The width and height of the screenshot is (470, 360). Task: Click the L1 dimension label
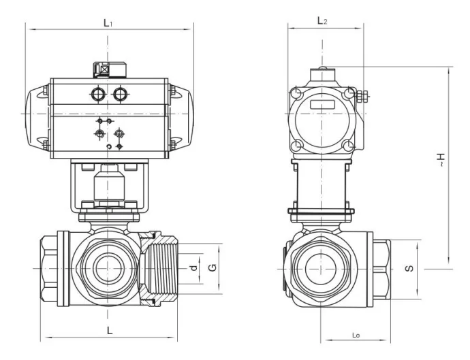[108, 22]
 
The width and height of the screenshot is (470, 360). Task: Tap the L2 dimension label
[322, 21]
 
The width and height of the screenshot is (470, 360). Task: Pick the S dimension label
[408, 268]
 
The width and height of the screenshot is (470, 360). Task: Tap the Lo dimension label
[356, 335]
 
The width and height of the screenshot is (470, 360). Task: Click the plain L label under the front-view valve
[109, 330]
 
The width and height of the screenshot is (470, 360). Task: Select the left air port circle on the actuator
[98, 93]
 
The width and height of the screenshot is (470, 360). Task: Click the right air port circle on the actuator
[121, 93]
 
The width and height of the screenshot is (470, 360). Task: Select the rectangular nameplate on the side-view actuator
[322, 105]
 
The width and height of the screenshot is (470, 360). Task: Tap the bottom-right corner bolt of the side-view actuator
[349, 145]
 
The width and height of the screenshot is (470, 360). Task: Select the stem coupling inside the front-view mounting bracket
[108, 182]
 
